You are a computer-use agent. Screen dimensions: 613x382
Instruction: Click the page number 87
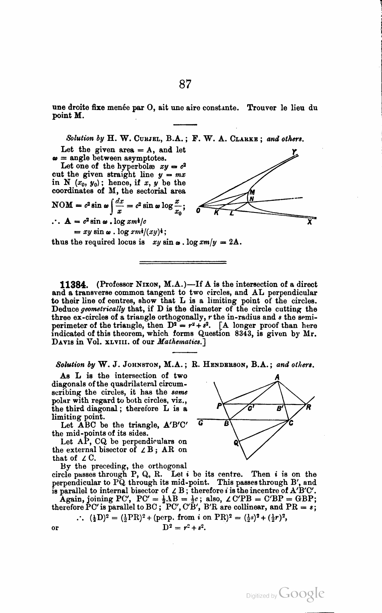tap(185, 84)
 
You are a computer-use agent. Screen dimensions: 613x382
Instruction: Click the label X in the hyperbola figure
tap(310, 222)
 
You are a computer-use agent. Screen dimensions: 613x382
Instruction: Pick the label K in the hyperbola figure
tap(216, 213)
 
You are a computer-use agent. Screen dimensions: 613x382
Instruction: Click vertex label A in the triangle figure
tap(277, 376)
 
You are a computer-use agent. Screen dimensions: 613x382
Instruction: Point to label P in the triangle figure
tap(219, 406)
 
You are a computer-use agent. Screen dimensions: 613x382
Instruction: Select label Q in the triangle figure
tap(236, 443)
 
